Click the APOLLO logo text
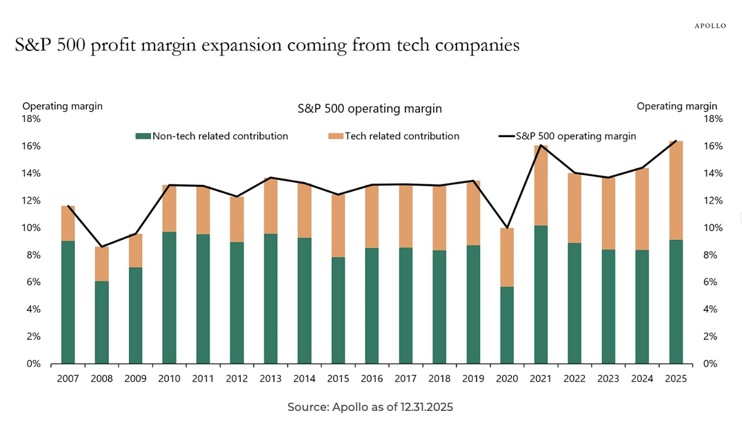710,26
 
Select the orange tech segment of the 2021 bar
541,185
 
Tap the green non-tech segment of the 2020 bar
507,325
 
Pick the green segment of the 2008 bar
101,322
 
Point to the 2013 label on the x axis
270,379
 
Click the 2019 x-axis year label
473,379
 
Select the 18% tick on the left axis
32,119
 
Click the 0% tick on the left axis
34,364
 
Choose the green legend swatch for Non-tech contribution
143,137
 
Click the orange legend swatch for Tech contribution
335,137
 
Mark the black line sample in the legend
506,137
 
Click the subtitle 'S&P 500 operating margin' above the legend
370,109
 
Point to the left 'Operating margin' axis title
62,106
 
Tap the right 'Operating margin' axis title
676,106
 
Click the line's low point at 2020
507,228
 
